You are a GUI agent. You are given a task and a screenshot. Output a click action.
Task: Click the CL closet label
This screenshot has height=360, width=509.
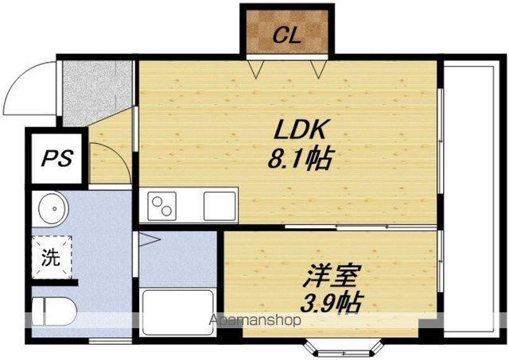[x=287, y=36]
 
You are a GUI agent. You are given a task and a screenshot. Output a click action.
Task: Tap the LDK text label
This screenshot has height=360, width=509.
[x=300, y=130]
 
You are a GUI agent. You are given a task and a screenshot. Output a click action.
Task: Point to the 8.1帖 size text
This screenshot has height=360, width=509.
[x=300, y=159]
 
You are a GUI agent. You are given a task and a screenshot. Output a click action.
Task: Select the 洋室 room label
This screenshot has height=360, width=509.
[x=332, y=276]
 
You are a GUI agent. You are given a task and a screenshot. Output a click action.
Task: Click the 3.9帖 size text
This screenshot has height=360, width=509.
[x=332, y=303]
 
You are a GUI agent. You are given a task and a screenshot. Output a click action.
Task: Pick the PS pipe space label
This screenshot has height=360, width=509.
[x=57, y=158]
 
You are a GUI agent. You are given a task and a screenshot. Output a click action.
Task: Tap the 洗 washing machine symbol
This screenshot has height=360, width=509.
[x=52, y=257]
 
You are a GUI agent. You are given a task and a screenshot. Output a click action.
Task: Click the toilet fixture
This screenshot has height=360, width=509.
[x=54, y=312]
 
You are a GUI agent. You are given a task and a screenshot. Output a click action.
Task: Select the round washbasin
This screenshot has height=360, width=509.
[x=53, y=207]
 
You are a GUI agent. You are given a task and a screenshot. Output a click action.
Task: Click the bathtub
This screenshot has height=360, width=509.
[x=178, y=312]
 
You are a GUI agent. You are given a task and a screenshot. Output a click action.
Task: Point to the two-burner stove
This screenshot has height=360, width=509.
[x=162, y=207]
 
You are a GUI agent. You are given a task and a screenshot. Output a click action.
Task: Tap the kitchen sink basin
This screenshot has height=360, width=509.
[x=220, y=207]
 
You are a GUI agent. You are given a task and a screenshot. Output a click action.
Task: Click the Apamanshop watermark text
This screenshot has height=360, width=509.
[x=254, y=320]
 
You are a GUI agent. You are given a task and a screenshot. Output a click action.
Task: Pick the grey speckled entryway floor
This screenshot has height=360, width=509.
[x=96, y=91]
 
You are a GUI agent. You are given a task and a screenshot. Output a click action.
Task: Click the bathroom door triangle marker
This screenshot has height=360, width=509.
[x=150, y=240]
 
